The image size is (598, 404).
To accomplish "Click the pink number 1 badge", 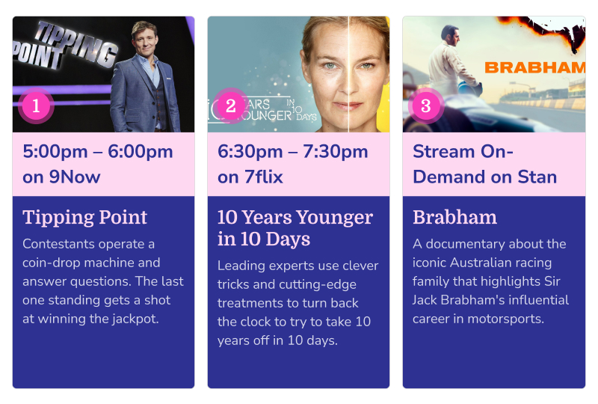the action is [x=36, y=105].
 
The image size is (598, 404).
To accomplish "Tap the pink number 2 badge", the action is [x=231, y=105].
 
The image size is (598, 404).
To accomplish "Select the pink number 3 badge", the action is [x=425, y=105].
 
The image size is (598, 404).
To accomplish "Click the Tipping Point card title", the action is [x=84, y=217].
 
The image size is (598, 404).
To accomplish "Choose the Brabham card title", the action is [x=454, y=217].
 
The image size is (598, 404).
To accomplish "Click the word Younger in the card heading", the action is [x=334, y=218].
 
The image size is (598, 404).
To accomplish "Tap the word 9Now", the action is [x=75, y=177].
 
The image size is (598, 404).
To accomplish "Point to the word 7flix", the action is [x=264, y=177].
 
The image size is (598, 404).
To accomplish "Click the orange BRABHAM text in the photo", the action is [x=534, y=68].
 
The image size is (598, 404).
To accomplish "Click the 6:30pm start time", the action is [x=250, y=152].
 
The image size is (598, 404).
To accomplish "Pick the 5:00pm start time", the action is [x=55, y=152].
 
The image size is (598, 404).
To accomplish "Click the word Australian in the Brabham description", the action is [x=482, y=263].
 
